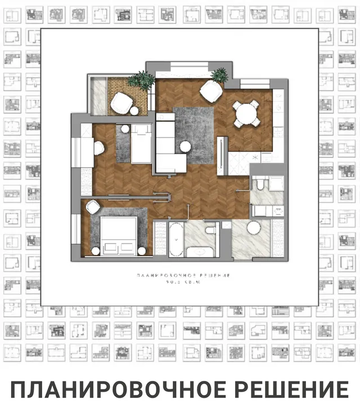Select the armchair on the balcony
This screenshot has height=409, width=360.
(x=121, y=103)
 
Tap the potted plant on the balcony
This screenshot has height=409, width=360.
(x=141, y=81)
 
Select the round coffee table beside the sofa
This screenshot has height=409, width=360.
(x=184, y=147)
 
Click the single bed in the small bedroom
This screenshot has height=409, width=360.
(x=141, y=145)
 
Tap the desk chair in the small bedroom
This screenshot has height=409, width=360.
(x=98, y=148)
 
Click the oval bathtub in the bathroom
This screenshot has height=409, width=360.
(x=175, y=240)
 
